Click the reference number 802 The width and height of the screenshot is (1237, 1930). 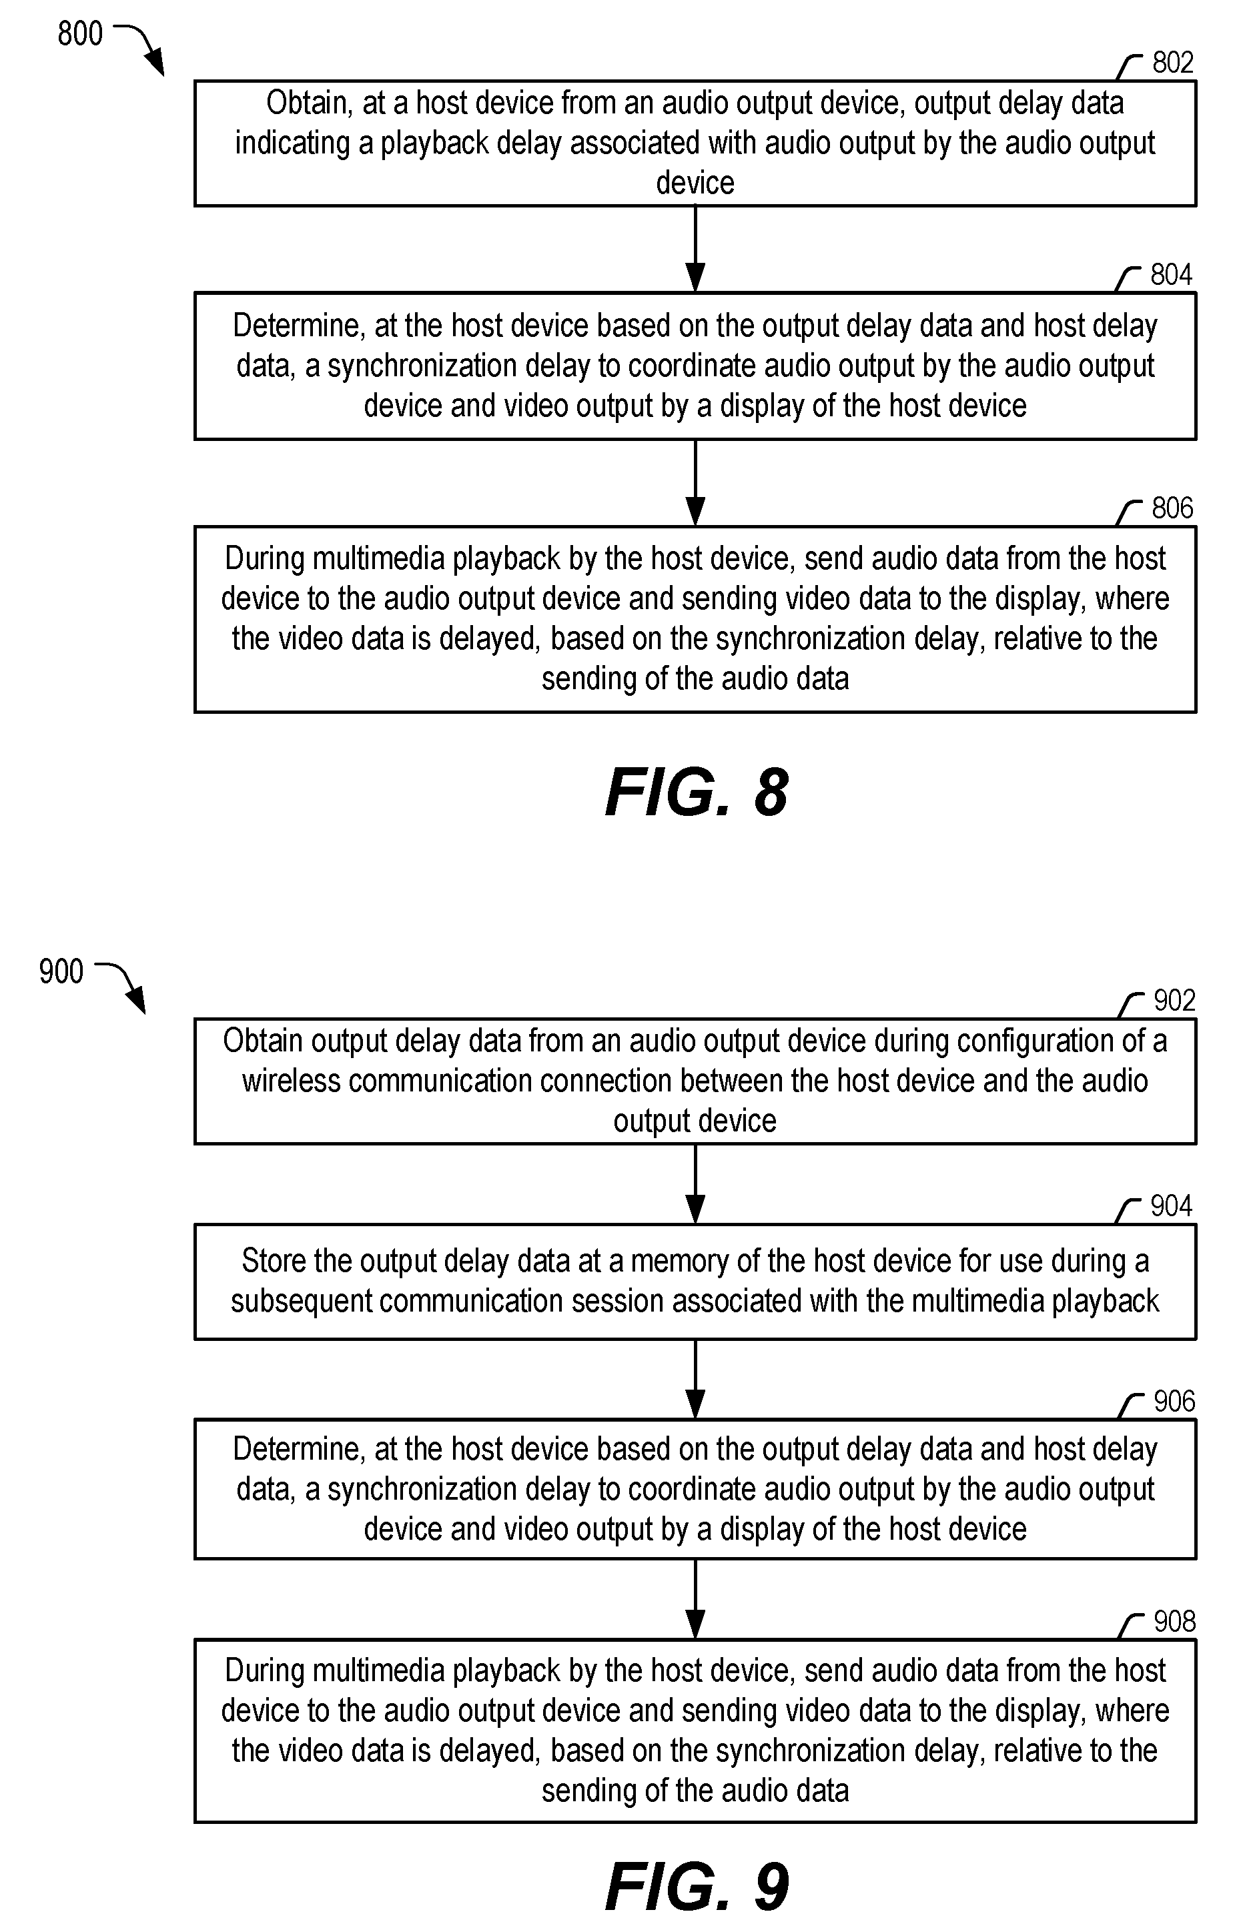tap(1173, 63)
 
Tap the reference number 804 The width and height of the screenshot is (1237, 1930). tap(1171, 275)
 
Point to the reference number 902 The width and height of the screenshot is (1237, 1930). tap(1174, 1000)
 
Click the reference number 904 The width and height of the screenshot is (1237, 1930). tap(1171, 1205)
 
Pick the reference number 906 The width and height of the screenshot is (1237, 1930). tap(1174, 1402)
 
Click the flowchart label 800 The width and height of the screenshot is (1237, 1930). tap(80, 34)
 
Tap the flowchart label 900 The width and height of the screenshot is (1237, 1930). tap(61, 972)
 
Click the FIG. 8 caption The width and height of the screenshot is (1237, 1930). tap(697, 793)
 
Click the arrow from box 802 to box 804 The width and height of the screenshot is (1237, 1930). tap(696, 249)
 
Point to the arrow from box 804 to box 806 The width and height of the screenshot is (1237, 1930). tap(696, 483)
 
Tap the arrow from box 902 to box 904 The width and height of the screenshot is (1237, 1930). tap(696, 1184)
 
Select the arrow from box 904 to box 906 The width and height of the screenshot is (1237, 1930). tap(696, 1380)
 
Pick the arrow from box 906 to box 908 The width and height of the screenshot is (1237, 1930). tap(696, 1599)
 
